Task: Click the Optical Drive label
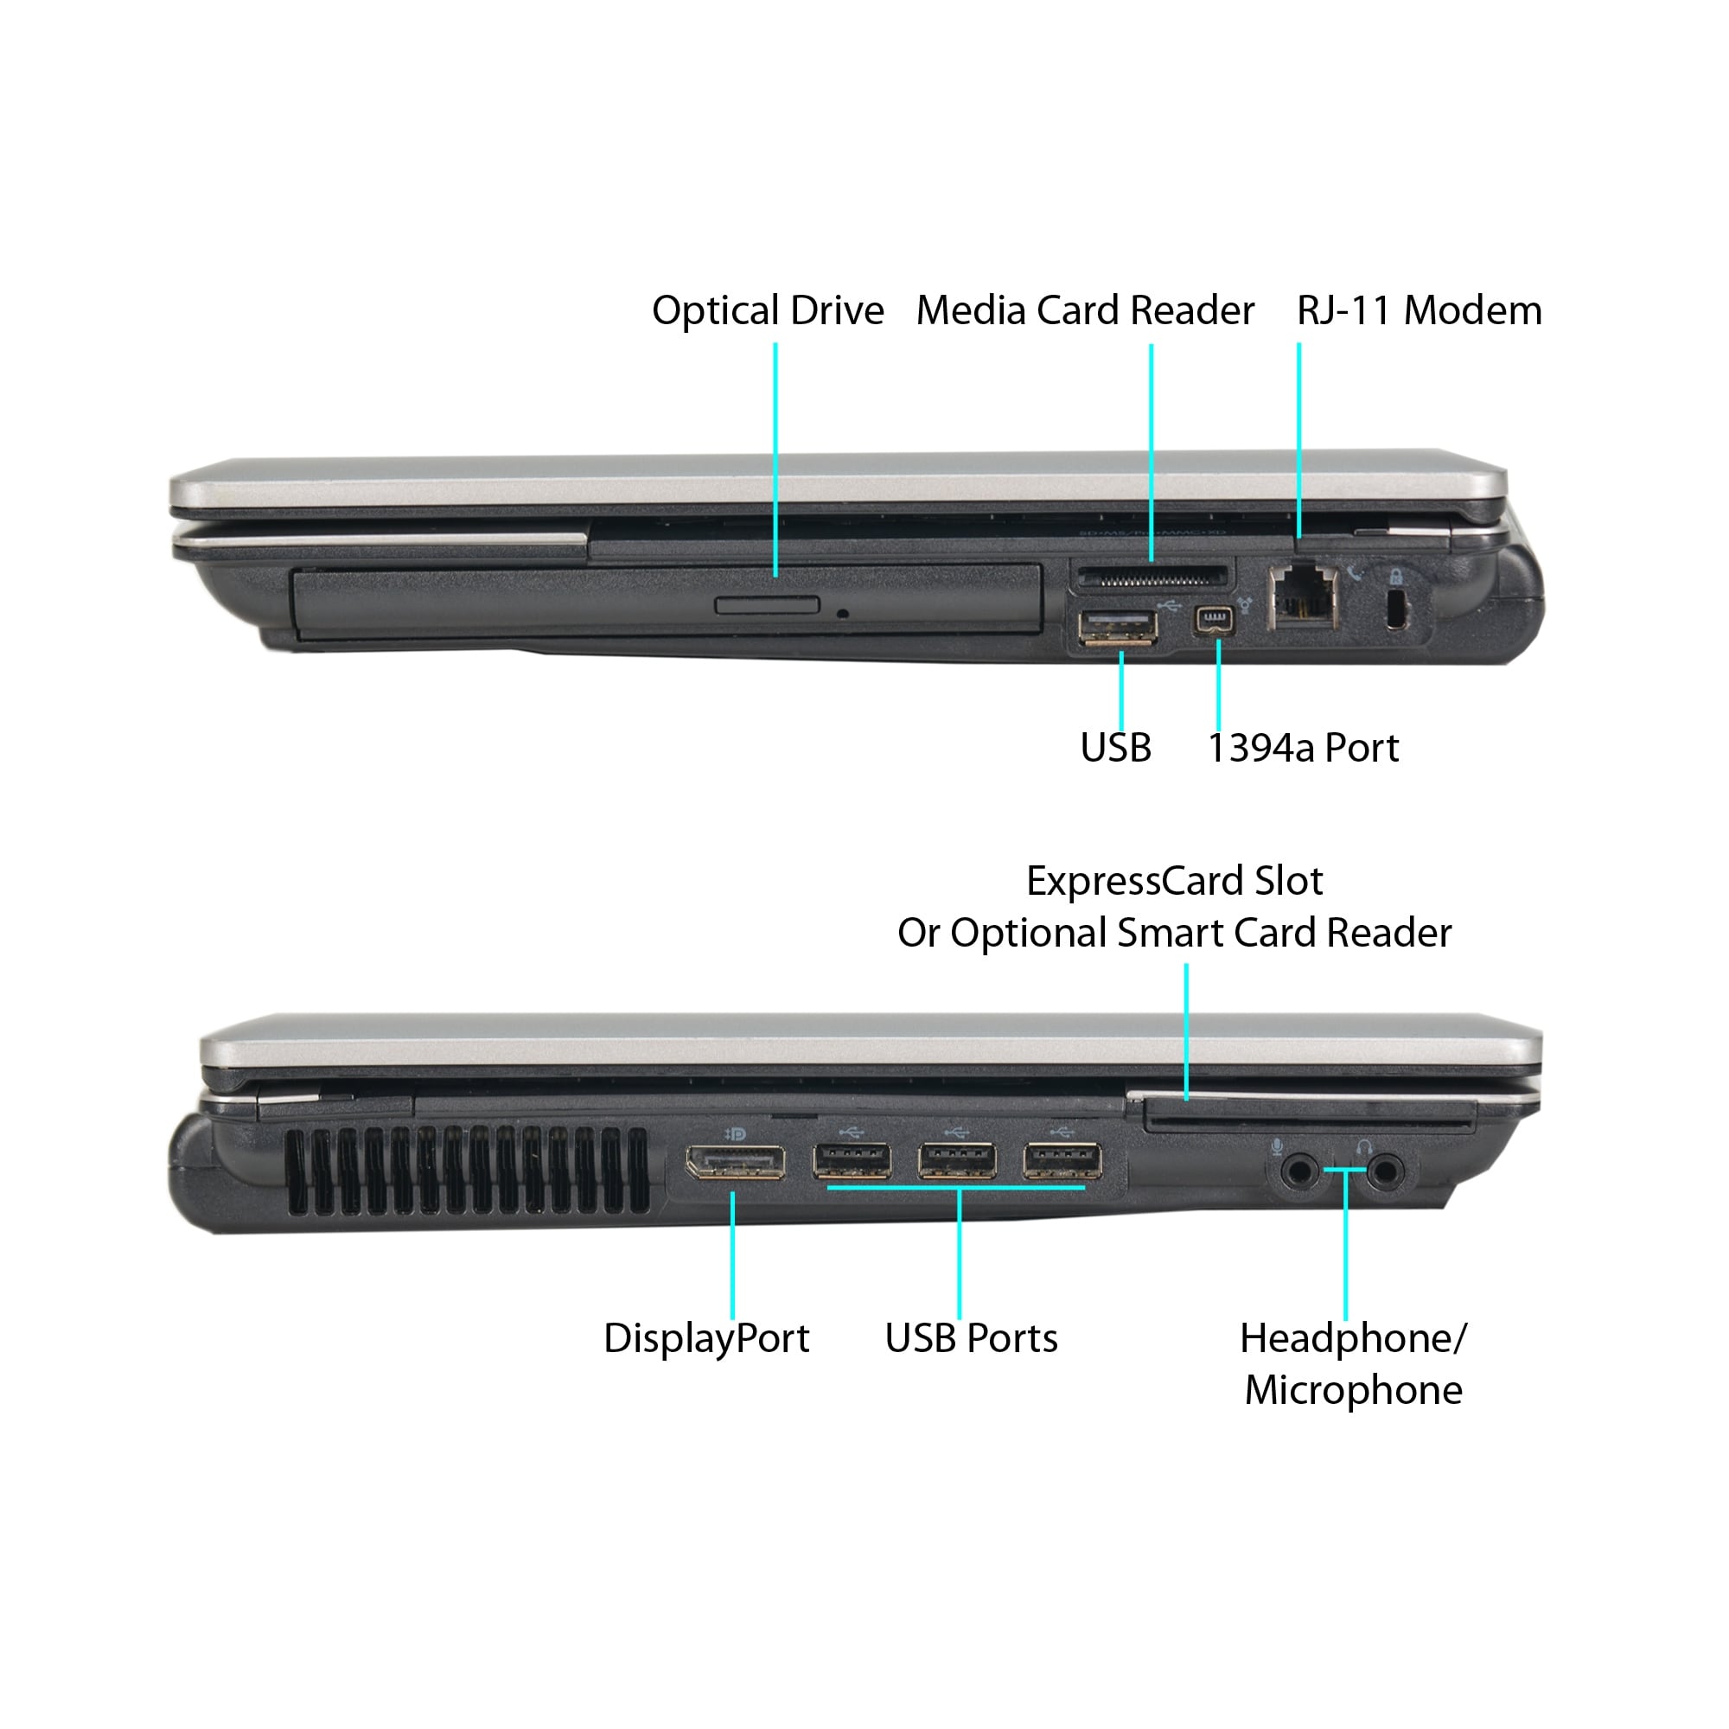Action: tap(767, 311)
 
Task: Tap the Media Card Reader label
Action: tap(1085, 311)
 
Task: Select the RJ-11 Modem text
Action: tap(1419, 311)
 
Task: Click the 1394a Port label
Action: tap(1302, 748)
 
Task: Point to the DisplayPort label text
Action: tap(706, 1339)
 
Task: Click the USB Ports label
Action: tap(971, 1339)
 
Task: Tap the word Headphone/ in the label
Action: tap(1352, 1339)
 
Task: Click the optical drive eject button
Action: tap(767, 606)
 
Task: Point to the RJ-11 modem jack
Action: tap(1303, 595)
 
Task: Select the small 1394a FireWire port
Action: tap(1214, 620)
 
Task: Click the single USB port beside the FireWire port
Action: tap(1118, 627)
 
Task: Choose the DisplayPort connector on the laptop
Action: tap(735, 1163)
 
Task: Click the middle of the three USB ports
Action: tap(957, 1163)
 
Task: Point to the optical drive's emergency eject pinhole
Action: tap(842, 614)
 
